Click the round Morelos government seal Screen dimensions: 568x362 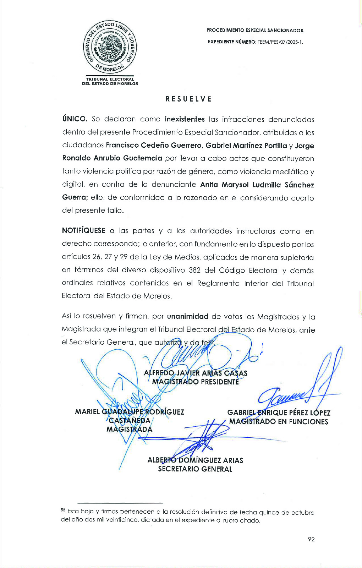(110, 47)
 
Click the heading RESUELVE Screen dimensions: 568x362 (188, 99)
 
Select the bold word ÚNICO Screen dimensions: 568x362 (75, 119)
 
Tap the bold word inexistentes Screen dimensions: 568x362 (185, 119)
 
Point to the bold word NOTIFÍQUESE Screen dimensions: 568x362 (83, 231)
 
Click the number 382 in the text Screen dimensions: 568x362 (194, 270)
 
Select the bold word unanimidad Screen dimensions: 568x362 (187, 316)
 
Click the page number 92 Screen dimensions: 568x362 (311, 539)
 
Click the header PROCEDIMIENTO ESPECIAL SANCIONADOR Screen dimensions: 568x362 (255, 31)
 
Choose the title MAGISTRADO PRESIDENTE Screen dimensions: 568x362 (195, 382)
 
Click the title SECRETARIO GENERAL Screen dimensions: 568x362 (195, 469)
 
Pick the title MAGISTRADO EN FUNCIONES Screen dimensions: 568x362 (279, 422)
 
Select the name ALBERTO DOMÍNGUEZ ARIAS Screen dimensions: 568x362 (195, 460)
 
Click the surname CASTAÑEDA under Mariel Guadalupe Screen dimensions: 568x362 (130, 421)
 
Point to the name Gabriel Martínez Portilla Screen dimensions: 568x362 (246, 146)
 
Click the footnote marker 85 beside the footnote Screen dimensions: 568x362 (63, 510)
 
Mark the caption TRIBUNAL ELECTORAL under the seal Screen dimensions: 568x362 (110, 79)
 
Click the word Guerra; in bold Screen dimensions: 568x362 (75, 197)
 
